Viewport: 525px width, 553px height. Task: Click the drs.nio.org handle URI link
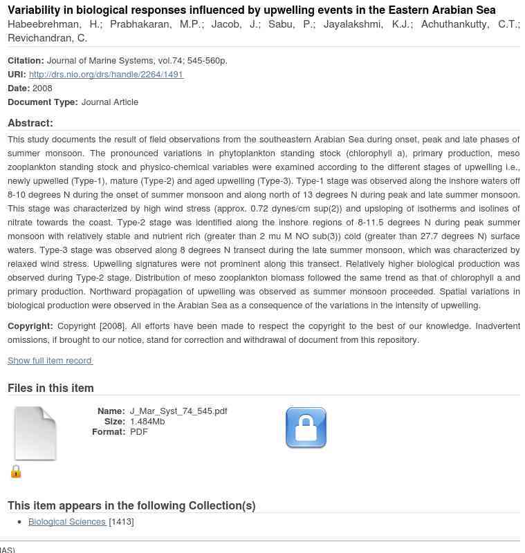click(x=106, y=75)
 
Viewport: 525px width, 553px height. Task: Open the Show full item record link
click(x=50, y=360)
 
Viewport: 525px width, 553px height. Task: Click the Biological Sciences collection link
click(x=67, y=522)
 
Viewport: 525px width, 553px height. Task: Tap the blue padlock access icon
click(x=306, y=428)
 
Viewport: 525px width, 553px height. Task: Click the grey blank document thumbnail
click(x=35, y=433)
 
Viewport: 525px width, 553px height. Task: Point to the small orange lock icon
click(x=16, y=471)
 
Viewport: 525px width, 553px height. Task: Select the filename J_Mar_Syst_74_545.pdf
click(x=178, y=411)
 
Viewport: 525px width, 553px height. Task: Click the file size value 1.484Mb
click(x=147, y=422)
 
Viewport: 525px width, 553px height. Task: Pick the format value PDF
click(x=139, y=432)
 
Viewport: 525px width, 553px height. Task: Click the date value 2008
click(x=42, y=88)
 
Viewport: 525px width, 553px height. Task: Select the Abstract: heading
click(x=30, y=123)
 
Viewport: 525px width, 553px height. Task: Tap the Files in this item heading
click(x=50, y=388)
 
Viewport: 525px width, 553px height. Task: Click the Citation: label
click(x=26, y=61)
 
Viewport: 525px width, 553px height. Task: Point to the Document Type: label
click(x=43, y=102)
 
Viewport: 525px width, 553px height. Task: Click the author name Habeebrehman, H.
click(x=54, y=24)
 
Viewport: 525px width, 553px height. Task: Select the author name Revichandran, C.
click(x=47, y=38)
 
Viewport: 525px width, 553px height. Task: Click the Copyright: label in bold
click(x=30, y=326)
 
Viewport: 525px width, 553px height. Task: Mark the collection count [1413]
click(x=121, y=522)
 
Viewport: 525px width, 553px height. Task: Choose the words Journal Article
click(x=110, y=102)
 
